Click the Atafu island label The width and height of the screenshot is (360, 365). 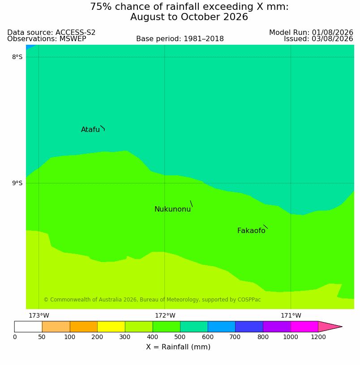90,129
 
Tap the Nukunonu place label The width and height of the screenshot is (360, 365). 173,209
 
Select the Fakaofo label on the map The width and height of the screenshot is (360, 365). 251,231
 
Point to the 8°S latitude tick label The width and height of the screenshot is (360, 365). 17,57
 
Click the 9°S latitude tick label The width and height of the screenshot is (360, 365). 17,183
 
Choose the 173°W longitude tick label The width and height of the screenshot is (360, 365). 39,316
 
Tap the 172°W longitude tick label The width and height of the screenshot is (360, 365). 165,316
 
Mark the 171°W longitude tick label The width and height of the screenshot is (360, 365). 291,316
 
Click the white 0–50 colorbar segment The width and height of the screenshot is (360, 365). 28,327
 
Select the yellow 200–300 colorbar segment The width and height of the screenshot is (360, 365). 111,327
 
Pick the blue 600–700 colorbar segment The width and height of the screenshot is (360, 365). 221,327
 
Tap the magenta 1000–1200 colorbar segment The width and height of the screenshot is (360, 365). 304,327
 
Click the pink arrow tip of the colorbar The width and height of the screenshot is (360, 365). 342,327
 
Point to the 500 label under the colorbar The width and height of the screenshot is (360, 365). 180,337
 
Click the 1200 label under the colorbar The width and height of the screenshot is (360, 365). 318,337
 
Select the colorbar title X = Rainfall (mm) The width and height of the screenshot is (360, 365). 178,347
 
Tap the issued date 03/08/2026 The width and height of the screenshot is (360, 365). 332,38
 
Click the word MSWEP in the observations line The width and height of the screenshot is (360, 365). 73,38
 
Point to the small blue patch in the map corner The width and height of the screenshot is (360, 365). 30,47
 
